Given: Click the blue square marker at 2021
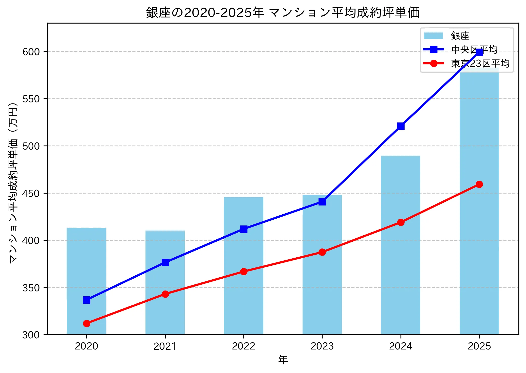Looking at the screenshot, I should (165, 262).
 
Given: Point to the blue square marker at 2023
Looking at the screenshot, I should (322, 202).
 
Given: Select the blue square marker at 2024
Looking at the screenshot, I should (401, 126).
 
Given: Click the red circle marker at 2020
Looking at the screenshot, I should (87, 323).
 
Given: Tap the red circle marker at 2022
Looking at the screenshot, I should (244, 272).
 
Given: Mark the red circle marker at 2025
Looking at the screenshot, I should (479, 184).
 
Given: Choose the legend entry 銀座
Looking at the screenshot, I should (460, 36).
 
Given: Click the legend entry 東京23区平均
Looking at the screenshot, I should (480, 64).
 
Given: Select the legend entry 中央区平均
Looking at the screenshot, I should (474, 50).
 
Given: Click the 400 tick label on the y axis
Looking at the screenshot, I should (31, 240).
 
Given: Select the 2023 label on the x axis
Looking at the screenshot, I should (322, 346).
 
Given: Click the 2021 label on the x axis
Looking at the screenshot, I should (165, 346).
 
